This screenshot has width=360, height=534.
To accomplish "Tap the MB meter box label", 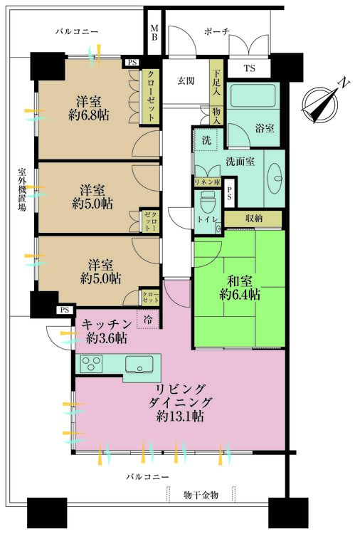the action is click(154, 32).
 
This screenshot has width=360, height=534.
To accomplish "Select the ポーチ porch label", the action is click(217, 31).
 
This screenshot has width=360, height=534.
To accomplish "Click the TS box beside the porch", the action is click(249, 68).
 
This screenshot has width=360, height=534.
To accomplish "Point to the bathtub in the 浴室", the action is click(253, 95).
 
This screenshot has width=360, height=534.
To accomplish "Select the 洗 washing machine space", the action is click(206, 140).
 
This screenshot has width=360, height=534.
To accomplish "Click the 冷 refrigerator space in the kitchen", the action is click(148, 320).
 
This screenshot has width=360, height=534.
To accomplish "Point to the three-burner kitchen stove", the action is click(92, 363).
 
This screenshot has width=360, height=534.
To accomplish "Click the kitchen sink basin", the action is click(139, 365).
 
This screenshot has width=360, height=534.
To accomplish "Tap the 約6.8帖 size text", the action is click(89, 115).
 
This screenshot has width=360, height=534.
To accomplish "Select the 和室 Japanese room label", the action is click(240, 281).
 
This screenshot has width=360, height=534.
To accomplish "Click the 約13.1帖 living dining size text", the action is click(180, 417).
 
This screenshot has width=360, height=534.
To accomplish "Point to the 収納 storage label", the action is click(254, 219).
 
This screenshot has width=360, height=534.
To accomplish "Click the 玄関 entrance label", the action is click(186, 80).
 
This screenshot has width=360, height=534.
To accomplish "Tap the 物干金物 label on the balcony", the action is click(201, 495).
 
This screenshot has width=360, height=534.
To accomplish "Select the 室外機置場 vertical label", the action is click(22, 189).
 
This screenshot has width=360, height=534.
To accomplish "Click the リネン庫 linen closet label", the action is click(207, 182).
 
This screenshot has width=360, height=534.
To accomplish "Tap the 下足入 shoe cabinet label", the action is click(217, 82).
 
